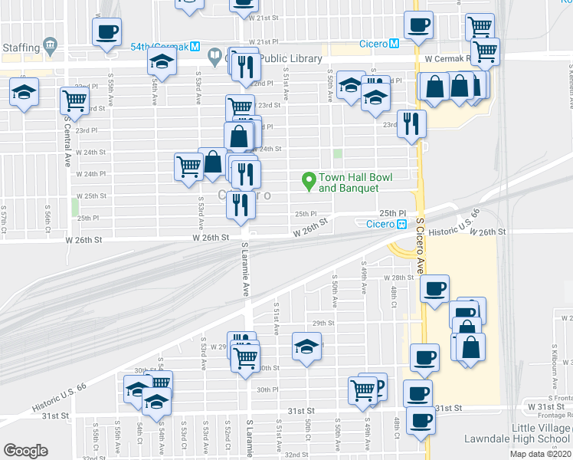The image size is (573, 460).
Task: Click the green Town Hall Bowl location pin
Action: [x=309, y=181]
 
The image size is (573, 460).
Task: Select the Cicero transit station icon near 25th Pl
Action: [x=401, y=224]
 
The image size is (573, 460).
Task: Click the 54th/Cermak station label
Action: [x=159, y=45]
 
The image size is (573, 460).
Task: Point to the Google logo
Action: [x=25, y=451]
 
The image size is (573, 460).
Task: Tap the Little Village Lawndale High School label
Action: [x=517, y=433]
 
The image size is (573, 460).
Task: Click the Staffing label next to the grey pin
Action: [x=21, y=48]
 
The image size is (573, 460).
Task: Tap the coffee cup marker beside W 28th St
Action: [x=435, y=290]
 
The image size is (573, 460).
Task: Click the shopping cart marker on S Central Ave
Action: [x=74, y=100]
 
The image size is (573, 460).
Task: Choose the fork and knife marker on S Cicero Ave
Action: [x=412, y=123]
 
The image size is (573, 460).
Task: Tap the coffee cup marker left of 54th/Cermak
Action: [x=106, y=33]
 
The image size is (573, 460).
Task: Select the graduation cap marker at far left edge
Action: [x=25, y=94]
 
